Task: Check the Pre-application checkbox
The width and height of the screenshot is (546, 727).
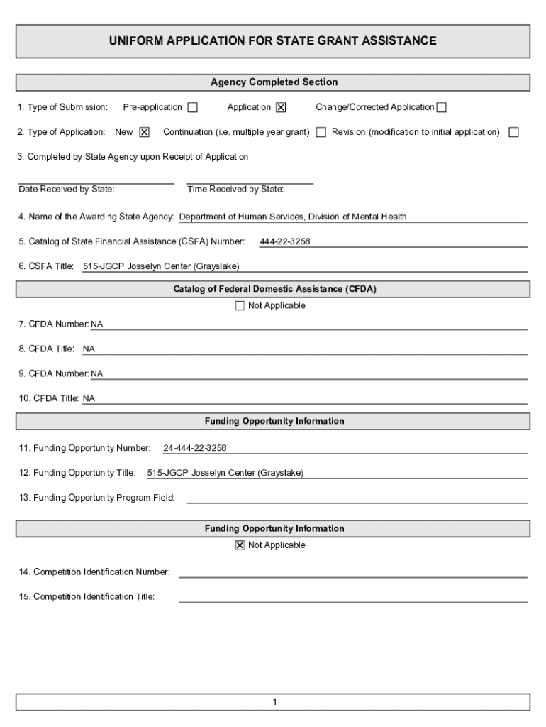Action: (x=192, y=108)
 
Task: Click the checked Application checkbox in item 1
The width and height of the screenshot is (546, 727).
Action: (x=281, y=108)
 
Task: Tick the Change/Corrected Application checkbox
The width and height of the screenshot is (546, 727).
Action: (x=442, y=108)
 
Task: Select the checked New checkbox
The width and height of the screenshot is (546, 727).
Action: (x=144, y=132)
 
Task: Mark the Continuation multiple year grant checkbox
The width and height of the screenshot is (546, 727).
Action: (x=321, y=132)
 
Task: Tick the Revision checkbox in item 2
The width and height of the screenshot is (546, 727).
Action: (x=513, y=132)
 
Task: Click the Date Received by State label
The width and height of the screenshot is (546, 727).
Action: (x=66, y=190)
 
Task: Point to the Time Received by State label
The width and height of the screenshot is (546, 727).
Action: (x=235, y=190)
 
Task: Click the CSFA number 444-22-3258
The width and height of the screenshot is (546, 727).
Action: (x=284, y=242)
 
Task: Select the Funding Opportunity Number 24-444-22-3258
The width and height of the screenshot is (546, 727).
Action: (x=195, y=449)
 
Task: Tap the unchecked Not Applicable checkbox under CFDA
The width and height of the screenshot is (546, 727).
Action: (x=240, y=306)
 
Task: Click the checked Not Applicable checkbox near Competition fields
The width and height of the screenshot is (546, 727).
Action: (x=240, y=545)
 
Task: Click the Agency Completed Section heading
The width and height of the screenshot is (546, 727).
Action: (x=274, y=82)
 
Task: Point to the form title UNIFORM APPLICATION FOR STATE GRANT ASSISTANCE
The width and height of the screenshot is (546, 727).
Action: (x=272, y=41)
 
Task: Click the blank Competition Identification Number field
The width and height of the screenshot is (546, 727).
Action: (x=352, y=572)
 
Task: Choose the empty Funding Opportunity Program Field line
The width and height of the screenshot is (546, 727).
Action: (x=357, y=497)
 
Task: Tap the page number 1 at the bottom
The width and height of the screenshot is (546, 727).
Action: (x=274, y=703)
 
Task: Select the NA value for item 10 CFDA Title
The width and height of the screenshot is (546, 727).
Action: (x=89, y=399)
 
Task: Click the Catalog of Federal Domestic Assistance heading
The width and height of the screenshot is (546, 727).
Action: (x=274, y=289)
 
